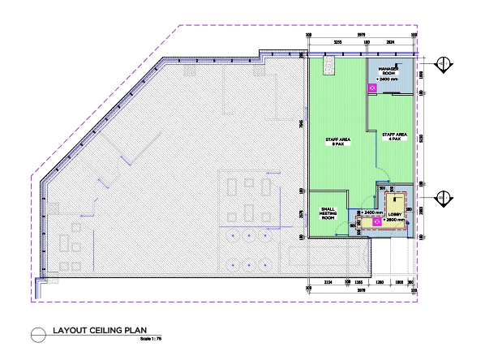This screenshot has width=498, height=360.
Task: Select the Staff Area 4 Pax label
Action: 393,138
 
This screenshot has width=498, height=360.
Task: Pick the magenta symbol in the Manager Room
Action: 372,87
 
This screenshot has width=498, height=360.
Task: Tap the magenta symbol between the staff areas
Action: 376,152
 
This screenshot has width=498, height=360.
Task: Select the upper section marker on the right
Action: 443,64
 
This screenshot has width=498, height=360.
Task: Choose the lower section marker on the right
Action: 443,196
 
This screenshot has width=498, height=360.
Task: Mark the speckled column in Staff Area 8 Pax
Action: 328,64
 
